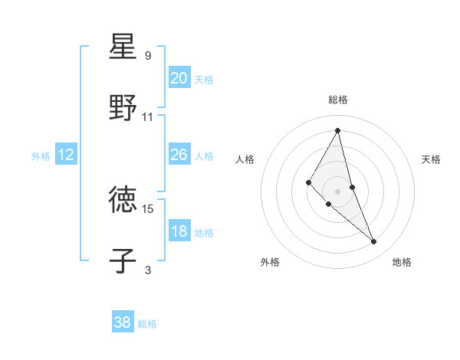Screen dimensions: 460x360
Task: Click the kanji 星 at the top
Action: (x=123, y=47)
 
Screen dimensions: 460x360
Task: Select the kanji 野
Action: (x=123, y=108)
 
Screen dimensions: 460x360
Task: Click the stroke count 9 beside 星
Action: (x=148, y=55)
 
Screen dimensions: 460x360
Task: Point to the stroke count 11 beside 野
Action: (x=148, y=116)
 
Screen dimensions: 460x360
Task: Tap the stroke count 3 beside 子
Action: (x=148, y=269)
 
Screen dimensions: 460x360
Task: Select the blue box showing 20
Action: (x=179, y=78)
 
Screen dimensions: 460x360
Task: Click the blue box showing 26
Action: (x=179, y=155)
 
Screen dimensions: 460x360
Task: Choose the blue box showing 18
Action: (x=179, y=231)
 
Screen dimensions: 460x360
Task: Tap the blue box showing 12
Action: (x=66, y=155)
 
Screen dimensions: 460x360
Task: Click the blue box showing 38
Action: (x=123, y=322)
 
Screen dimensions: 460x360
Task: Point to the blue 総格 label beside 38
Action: (x=147, y=324)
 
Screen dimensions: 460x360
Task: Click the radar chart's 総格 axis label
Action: (x=338, y=100)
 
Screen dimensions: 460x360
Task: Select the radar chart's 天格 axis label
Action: (x=431, y=159)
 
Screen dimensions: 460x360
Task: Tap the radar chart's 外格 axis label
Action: (x=270, y=262)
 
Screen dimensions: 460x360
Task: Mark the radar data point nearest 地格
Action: (x=374, y=242)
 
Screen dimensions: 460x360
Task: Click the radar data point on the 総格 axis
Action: (x=338, y=129)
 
